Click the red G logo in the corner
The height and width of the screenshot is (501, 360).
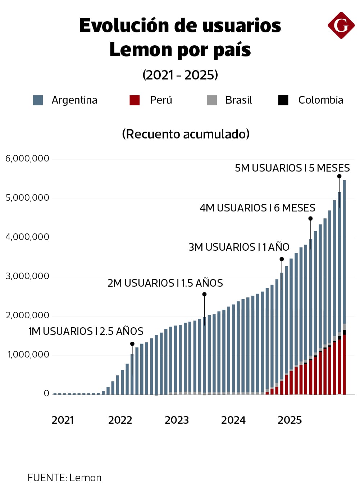click(341, 25)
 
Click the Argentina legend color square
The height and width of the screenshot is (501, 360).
click(38, 100)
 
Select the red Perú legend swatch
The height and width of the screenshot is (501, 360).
click(135, 100)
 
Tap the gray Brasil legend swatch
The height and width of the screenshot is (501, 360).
click(212, 100)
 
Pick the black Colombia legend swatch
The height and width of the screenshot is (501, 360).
click(283, 100)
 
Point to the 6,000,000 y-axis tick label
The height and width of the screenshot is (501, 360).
click(27, 159)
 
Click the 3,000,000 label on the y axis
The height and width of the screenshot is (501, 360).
click(27, 276)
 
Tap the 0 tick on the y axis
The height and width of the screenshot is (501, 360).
click(46, 393)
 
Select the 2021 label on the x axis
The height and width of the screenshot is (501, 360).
click(63, 420)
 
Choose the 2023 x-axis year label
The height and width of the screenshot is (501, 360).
click(177, 420)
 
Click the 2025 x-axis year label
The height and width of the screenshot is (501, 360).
click(290, 420)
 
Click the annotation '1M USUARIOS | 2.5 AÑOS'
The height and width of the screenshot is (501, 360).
click(86, 331)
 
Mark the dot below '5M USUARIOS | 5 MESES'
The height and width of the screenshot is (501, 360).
click(339, 176)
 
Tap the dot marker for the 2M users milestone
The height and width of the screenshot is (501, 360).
click(204, 294)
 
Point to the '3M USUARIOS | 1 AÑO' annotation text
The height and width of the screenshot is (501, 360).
click(239, 247)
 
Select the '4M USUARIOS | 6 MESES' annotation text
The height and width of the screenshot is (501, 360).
click(258, 208)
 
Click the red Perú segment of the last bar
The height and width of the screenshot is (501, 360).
click(344, 365)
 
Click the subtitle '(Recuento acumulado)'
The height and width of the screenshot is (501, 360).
click(186, 134)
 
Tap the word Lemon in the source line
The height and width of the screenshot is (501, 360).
click(86, 478)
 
